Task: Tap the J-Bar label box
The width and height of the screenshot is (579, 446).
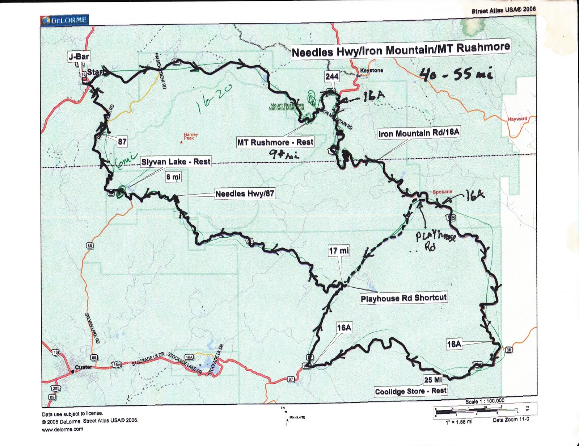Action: pyautogui.click(x=79, y=57)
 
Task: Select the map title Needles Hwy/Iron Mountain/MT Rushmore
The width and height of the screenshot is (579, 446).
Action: pyautogui.click(x=401, y=49)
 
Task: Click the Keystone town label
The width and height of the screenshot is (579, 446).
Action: pyautogui.click(x=371, y=70)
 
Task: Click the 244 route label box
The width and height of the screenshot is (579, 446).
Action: pyautogui.click(x=331, y=76)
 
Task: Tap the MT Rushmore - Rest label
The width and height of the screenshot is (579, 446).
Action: pyautogui.click(x=275, y=142)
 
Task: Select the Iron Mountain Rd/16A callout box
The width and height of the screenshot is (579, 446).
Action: pyautogui.click(x=419, y=133)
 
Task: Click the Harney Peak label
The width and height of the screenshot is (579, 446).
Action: pyautogui.click(x=191, y=136)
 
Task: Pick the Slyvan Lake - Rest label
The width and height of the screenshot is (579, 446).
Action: pyautogui.click(x=176, y=162)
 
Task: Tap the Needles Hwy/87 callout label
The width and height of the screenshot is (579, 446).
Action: pyautogui.click(x=245, y=194)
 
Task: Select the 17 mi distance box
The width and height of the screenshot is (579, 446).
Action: pyautogui.click(x=339, y=250)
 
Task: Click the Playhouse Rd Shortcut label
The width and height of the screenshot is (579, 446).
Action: pyautogui.click(x=403, y=298)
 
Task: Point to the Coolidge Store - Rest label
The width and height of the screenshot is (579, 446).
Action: pyautogui.click(x=411, y=391)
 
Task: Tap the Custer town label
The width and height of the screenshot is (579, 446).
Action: pyautogui.click(x=83, y=367)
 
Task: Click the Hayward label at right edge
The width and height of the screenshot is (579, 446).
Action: pyautogui.click(x=517, y=119)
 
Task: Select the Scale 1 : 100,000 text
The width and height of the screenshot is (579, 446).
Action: pyautogui.click(x=485, y=401)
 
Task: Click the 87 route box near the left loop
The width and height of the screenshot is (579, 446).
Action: pyautogui.click(x=122, y=141)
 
